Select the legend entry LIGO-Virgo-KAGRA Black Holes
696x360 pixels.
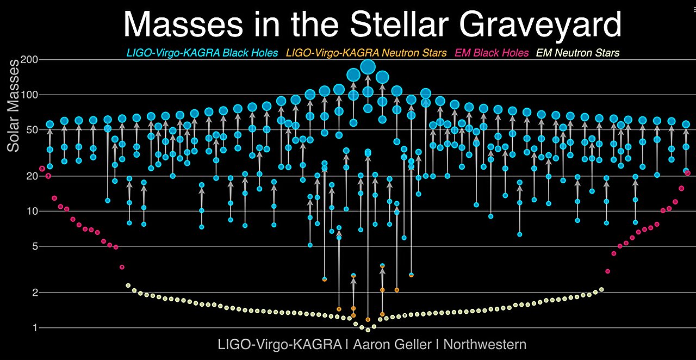(x=202, y=53)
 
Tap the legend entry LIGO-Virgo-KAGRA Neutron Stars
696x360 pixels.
(x=366, y=53)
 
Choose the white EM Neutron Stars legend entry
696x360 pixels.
(x=577, y=53)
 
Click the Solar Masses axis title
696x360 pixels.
(x=13, y=105)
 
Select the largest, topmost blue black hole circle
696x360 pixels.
(x=368, y=67)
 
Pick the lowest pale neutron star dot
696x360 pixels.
(x=368, y=330)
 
